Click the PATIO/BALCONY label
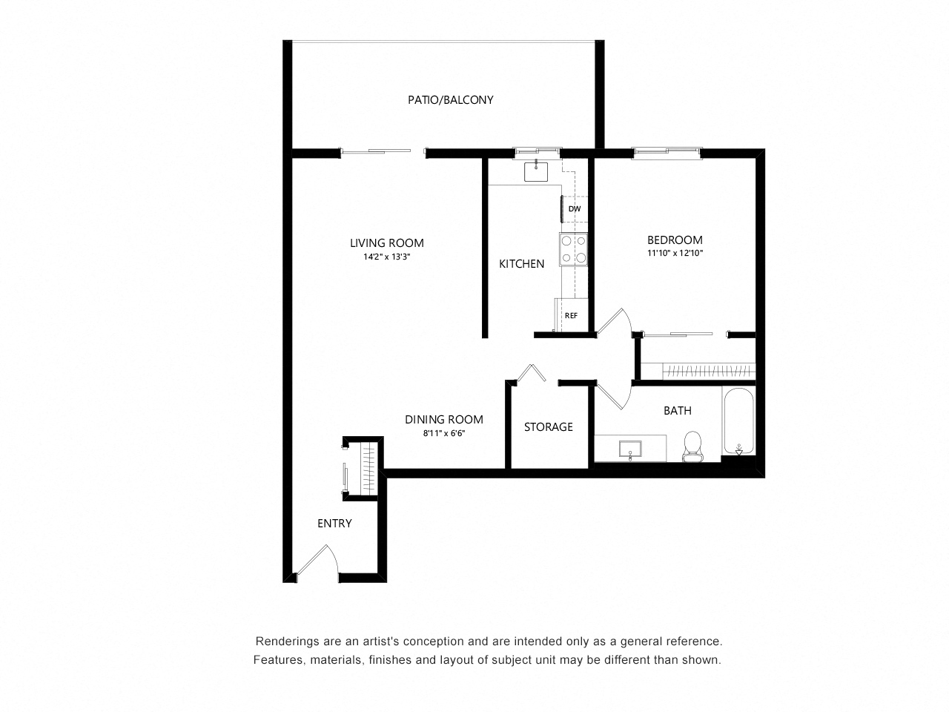point(450,99)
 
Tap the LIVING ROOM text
point(386,243)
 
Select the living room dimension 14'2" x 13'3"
point(386,257)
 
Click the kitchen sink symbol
point(535,171)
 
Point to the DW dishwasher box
point(575,208)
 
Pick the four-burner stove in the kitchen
point(574,249)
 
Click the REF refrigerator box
point(571,315)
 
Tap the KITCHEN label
point(521,263)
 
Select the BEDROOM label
point(675,240)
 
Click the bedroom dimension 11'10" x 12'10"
point(675,253)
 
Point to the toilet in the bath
point(693,446)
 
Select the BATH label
point(677,410)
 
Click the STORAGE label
point(548,426)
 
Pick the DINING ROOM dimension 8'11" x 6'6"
point(443,433)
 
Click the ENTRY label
point(334,523)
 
